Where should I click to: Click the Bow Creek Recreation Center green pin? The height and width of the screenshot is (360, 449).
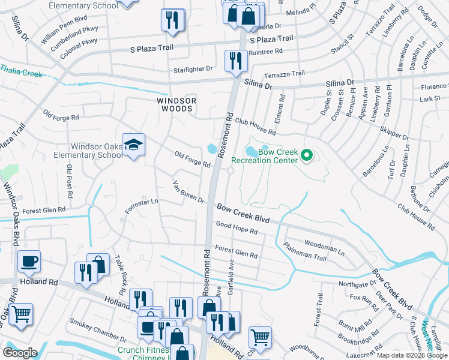pyautogui.click(x=307, y=157)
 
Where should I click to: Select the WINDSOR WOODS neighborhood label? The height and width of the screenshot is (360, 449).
pyautogui.click(x=175, y=104)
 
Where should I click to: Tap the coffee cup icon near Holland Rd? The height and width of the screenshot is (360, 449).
pyautogui.click(x=28, y=262)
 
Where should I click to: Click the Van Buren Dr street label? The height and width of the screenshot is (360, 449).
pyautogui.click(x=188, y=191)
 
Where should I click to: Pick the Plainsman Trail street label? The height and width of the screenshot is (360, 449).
pyautogui.click(x=304, y=252)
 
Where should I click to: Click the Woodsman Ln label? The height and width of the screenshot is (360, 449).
pyautogui.click(x=324, y=248)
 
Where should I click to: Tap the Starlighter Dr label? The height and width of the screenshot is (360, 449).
pyautogui.click(x=193, y=69)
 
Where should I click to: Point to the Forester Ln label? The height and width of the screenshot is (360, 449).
pyautogui.click(x=141, y=206)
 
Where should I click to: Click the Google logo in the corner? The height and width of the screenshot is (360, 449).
pyautogui.click(x=20, y=353)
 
